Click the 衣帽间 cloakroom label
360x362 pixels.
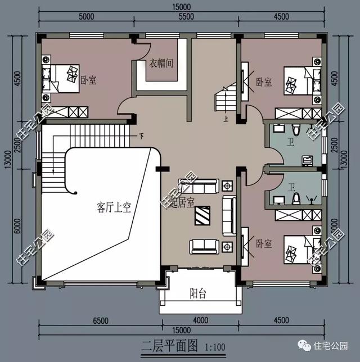click(x=161, y=64)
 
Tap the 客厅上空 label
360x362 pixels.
click(x=113, y=208)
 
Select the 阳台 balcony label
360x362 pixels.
click(x=197, y=293)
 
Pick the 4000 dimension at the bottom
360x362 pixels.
click(x=198, y=321)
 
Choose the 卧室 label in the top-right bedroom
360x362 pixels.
click(x=264, y=82)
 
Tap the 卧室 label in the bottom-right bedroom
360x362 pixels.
click(x=264, y=244)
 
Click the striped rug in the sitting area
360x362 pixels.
click(x=203, y=215)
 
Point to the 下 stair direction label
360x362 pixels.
click(x=141, y=135)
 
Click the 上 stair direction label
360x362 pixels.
click(x=226, y=119)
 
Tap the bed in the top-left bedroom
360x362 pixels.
click(x=63, y=76)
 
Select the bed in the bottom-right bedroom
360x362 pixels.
click(x=298, y=249)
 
